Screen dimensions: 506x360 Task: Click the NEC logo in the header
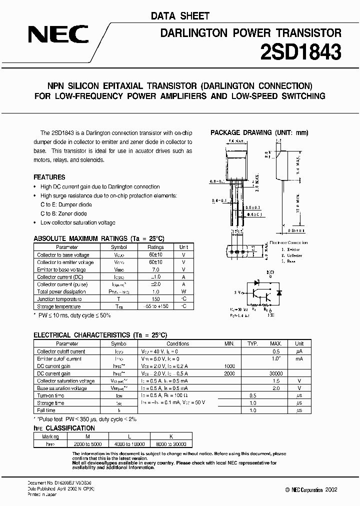58,35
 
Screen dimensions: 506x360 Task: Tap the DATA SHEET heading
180,16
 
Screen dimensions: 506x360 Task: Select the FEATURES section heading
49,177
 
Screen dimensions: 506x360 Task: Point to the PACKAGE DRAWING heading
259,132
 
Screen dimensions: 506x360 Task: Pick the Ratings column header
155,247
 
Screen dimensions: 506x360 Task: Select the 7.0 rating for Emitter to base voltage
155,269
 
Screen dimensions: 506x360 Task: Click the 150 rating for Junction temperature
155,299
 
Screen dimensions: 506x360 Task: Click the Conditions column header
177,344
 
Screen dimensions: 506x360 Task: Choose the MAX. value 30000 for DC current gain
275,373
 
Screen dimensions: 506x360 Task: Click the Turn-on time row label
51,395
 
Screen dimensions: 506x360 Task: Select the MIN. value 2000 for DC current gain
229,373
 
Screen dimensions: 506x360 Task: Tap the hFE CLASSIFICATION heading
64,428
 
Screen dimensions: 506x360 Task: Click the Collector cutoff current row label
61,351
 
